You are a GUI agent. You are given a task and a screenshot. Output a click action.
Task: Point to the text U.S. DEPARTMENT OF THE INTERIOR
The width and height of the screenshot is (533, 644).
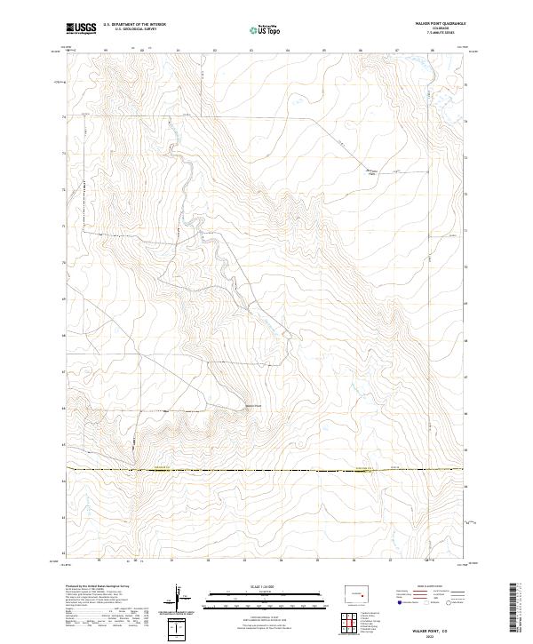point(135,25)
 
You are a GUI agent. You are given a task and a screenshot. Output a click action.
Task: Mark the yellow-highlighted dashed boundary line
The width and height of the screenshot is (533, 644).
point(266,469)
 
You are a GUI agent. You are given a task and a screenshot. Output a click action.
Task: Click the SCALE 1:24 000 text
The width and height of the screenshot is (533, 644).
point(266,587)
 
